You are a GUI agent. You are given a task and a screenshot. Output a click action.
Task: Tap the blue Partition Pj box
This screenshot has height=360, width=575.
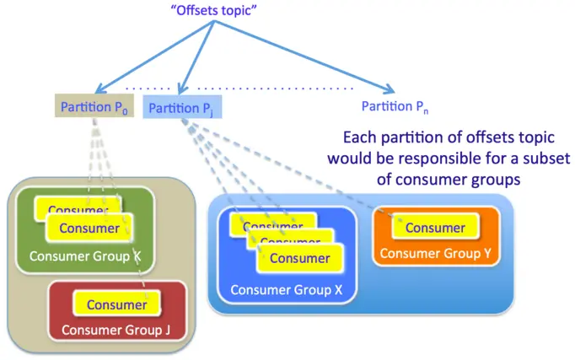click(x=183, y=107)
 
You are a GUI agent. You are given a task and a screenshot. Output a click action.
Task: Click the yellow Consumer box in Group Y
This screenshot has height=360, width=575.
click(x=435, y=228)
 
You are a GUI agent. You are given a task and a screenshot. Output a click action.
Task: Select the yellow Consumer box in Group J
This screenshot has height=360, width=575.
click(x=117, y=304)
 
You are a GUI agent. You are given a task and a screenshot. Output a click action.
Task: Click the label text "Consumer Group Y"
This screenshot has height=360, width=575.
click(x=436, y=253)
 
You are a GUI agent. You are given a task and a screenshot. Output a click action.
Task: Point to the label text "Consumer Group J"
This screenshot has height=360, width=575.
click(x=116, y=330)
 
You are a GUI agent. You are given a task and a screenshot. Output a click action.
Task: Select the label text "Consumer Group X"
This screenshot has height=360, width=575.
click(x=282, y=290)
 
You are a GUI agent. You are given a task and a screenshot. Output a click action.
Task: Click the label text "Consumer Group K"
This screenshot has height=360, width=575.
click(x=85, y=255)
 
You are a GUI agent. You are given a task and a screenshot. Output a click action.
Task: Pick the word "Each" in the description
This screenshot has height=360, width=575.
click(x=361, y=137)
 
